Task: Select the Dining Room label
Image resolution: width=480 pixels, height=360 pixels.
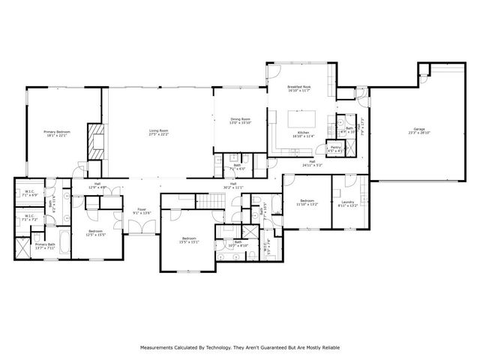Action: pyautogui.click(x=240, y=121)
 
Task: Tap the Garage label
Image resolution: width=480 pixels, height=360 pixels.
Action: pyautogui.click(x=418, y=130)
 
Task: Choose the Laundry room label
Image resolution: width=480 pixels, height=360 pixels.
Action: pyautogui.click(x=347, y=202)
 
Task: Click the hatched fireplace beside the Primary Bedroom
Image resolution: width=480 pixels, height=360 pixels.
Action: pyautogui.click(x=95, y=143)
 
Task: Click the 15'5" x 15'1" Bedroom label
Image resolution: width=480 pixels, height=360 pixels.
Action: pyautogui.click(x=188, y=240)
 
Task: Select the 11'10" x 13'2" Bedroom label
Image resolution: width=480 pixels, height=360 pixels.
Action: pyautogui.click(x=308, y=202)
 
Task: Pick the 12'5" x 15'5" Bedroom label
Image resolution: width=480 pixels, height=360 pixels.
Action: pyautogui.click(x=96, y=232)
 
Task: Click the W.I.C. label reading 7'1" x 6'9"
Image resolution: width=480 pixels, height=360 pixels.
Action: pyautogui.click(x=30, y=193)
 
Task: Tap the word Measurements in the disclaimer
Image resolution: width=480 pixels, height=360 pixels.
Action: pyautogui.click(x=158, y=348)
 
